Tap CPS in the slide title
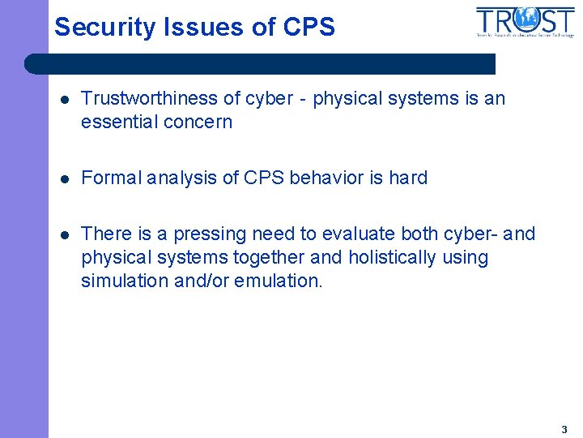click(309, 28)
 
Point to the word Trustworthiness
click(149, 99)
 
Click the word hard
click(408, 178)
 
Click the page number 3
click(564, 430)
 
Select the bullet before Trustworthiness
click(64, 100)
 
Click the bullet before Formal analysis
click(64, 178)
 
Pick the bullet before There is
click(64, 235)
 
